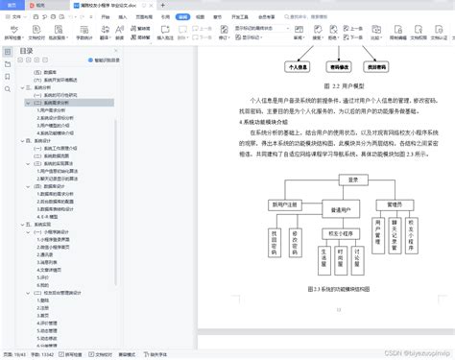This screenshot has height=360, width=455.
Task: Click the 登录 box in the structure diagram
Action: coord(352,180)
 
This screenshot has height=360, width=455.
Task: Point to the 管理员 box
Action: coord(394,204)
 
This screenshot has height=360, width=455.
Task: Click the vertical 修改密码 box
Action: coord(295,244)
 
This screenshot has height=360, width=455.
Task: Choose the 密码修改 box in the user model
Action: coord(339,68)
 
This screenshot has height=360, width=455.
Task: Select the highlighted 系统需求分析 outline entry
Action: coord(49,103)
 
